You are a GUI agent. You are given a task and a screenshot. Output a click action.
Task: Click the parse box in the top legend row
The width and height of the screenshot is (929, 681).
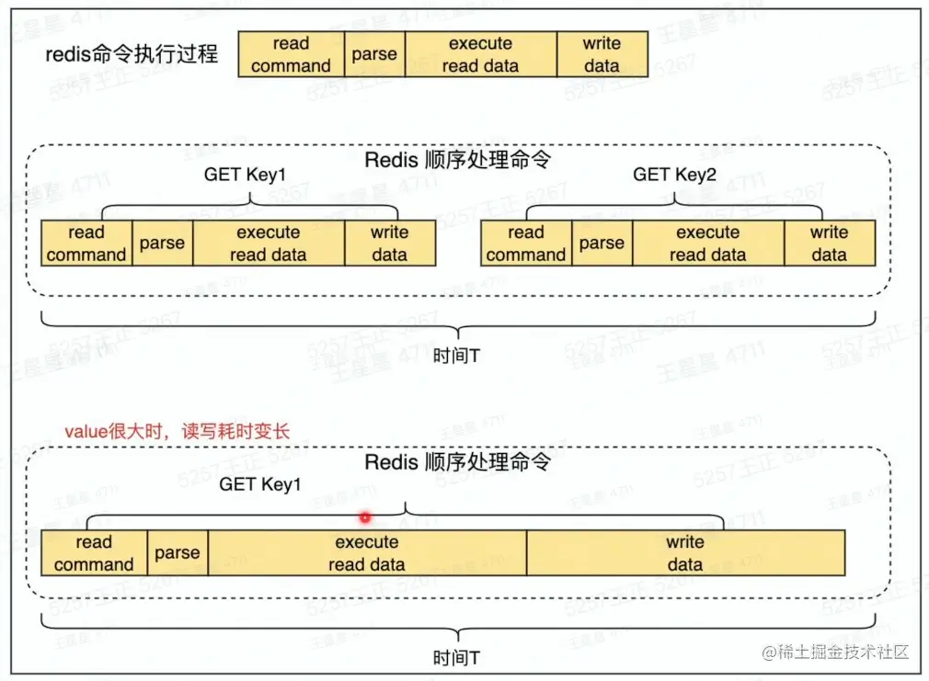374,54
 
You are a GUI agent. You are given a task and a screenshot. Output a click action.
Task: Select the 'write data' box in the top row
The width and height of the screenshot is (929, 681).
602,54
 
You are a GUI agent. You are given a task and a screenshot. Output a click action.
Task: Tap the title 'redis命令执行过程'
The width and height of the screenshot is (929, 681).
132,54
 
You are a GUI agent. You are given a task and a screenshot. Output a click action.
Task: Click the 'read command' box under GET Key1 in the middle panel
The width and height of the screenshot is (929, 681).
86,244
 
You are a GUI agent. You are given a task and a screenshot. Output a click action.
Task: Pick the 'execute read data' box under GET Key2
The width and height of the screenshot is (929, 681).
707,244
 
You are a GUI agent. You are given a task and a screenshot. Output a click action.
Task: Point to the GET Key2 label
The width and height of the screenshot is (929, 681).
674,175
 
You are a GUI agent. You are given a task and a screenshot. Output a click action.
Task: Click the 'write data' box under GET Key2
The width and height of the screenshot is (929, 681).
829,244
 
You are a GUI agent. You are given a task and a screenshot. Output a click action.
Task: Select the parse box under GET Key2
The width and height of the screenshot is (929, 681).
602,244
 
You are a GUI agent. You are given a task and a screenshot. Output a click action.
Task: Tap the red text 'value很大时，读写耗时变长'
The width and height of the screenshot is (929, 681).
178,430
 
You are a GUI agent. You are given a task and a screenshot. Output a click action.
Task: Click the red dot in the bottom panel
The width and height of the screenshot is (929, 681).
365,517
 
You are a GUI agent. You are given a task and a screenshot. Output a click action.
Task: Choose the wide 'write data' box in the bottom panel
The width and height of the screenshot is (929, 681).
685,553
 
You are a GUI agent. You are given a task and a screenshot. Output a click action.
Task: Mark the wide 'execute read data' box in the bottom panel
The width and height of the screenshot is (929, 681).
367,553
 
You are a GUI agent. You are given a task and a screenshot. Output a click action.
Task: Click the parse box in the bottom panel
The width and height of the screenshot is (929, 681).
178,553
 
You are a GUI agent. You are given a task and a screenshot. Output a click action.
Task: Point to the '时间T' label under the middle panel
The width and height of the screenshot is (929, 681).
456,355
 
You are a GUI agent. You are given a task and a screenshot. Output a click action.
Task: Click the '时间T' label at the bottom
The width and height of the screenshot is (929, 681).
456,658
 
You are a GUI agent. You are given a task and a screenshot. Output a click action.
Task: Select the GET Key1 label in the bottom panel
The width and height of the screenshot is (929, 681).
260,483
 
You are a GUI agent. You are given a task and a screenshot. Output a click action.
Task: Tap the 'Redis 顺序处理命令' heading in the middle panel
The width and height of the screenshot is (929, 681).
458,159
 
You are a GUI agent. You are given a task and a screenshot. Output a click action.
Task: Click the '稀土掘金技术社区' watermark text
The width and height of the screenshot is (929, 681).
844,653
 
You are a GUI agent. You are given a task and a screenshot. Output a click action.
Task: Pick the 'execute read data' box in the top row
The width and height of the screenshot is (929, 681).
480,54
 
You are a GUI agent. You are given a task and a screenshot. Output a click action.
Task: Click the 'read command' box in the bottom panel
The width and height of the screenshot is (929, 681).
94,553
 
